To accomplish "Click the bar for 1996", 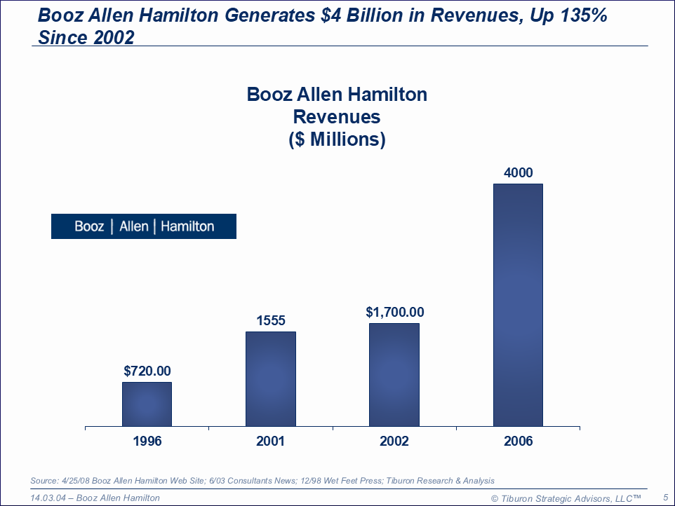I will tap(147, 404).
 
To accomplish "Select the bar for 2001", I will tap(270, 378).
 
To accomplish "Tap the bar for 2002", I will tap(394, 374).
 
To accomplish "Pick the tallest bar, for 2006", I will tap(518, 305).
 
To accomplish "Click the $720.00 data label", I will tap(147, 371).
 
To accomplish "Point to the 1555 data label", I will tap(270, 320).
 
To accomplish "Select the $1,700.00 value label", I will tap(394, 313).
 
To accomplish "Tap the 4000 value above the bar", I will tap(518, 173).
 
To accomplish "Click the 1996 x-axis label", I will tap(147, 441).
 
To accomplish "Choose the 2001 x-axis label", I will tap(270, 441).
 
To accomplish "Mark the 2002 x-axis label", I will tap(394, 441).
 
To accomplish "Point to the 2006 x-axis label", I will tap(518, 441).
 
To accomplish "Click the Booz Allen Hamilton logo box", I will tap(144, 226).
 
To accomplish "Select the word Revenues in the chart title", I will tap(337, 116).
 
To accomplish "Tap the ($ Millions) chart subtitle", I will tap(337, 139).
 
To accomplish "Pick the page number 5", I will tap(665, 497).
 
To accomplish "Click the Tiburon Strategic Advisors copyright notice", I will tap(566, 498).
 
